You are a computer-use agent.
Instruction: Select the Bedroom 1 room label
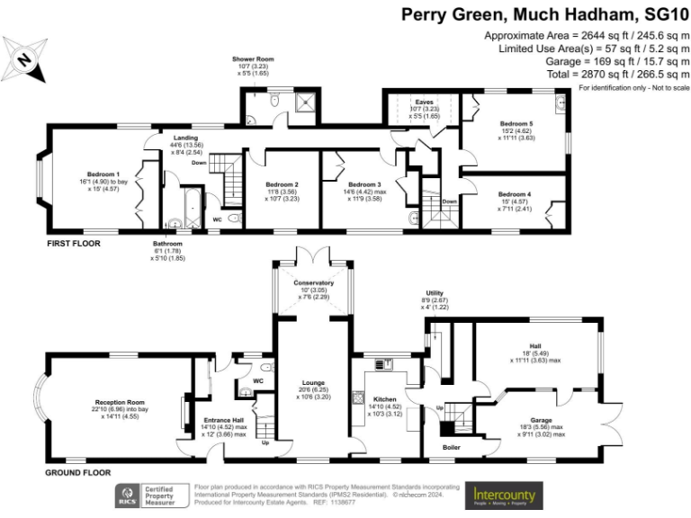point(103,174)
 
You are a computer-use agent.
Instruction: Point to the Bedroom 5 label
point(517,123)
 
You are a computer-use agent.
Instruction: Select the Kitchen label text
point(385,397)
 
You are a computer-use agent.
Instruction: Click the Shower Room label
point(256,58)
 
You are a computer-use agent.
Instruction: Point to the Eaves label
point(424,102)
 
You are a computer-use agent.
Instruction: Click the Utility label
point(435,292)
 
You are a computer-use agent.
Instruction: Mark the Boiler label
point(452,447)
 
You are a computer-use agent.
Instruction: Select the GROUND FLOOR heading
point(78,471)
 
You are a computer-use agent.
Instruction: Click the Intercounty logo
point(505,496)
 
